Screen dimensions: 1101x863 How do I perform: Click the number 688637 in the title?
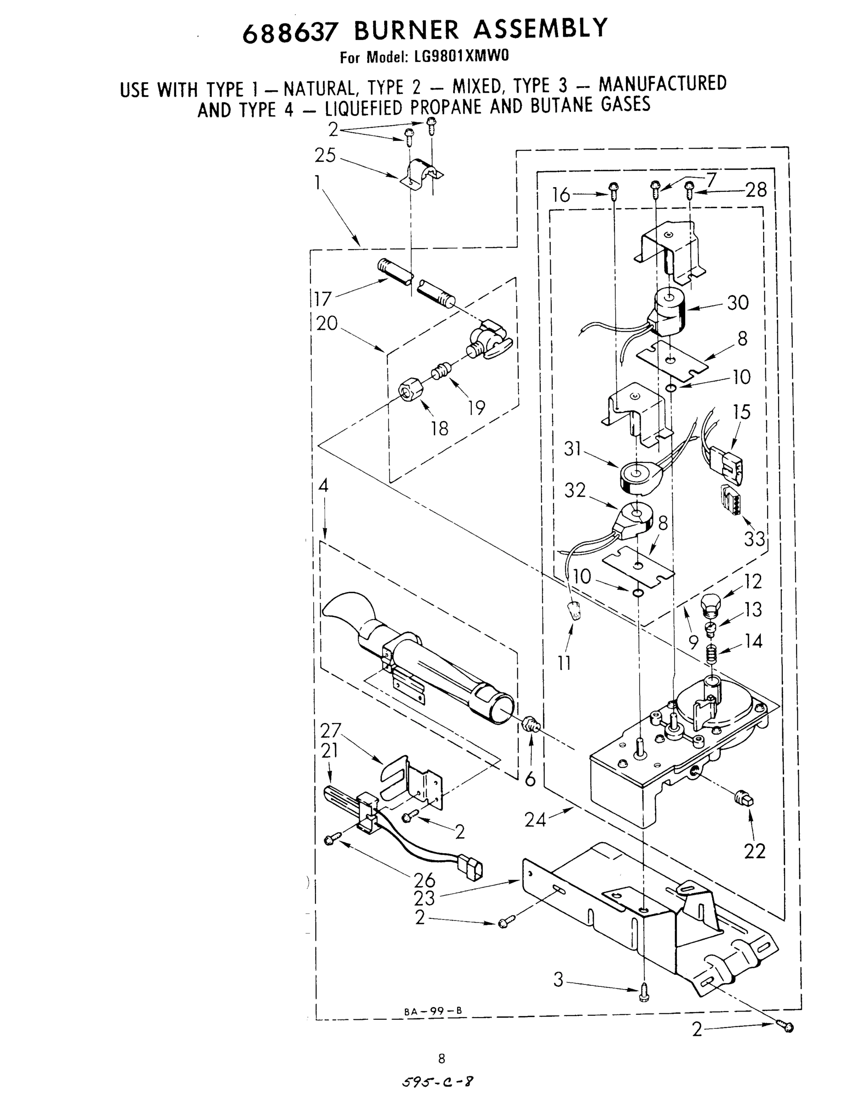click(289, 33)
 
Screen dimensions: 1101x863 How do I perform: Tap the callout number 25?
click(325, 155)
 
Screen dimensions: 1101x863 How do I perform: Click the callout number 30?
click(738, 303)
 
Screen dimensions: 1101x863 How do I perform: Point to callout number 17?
click(322, 299)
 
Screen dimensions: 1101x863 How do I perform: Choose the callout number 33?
click(754, 539)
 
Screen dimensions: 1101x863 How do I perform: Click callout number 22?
click(754, 851)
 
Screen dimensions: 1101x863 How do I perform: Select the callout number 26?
click(425, 880)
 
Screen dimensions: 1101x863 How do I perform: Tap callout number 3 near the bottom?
click(558, 980)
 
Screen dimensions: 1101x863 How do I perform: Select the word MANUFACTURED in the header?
click(663, 84)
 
